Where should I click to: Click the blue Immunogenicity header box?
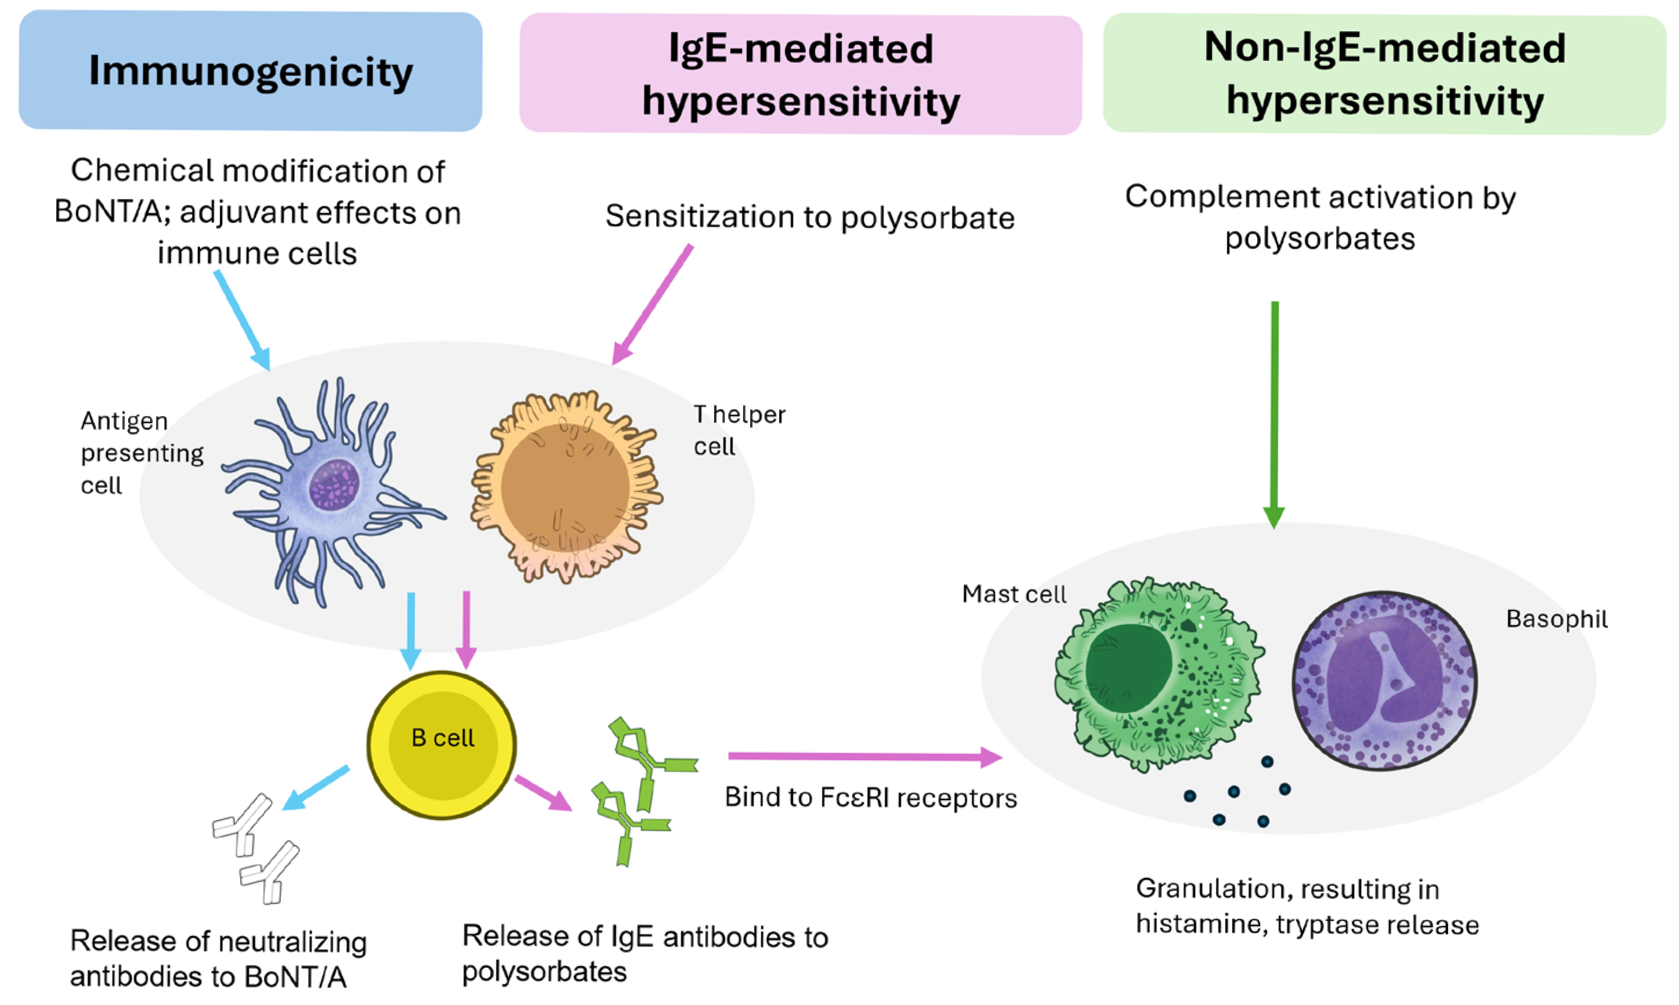(x=251, y=71)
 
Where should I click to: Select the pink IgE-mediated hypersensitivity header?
(x=800, y=74)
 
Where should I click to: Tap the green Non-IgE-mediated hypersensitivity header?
(x=1384, y=74)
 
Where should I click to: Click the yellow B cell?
(x=442, y=745)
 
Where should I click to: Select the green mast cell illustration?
(x=1157, y=674)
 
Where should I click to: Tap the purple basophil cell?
(x=1384, y=681)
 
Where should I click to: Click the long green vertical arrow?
(x=1275, y=413)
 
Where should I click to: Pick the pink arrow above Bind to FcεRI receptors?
(x=863, y=757)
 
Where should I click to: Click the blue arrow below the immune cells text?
(x=243, y=320)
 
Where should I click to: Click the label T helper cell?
(x=738, y=430)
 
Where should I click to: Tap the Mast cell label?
(x=1014, y=594)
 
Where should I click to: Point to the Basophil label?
(x=1556, y=619)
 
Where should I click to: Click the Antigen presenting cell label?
(x=141, y=453)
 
